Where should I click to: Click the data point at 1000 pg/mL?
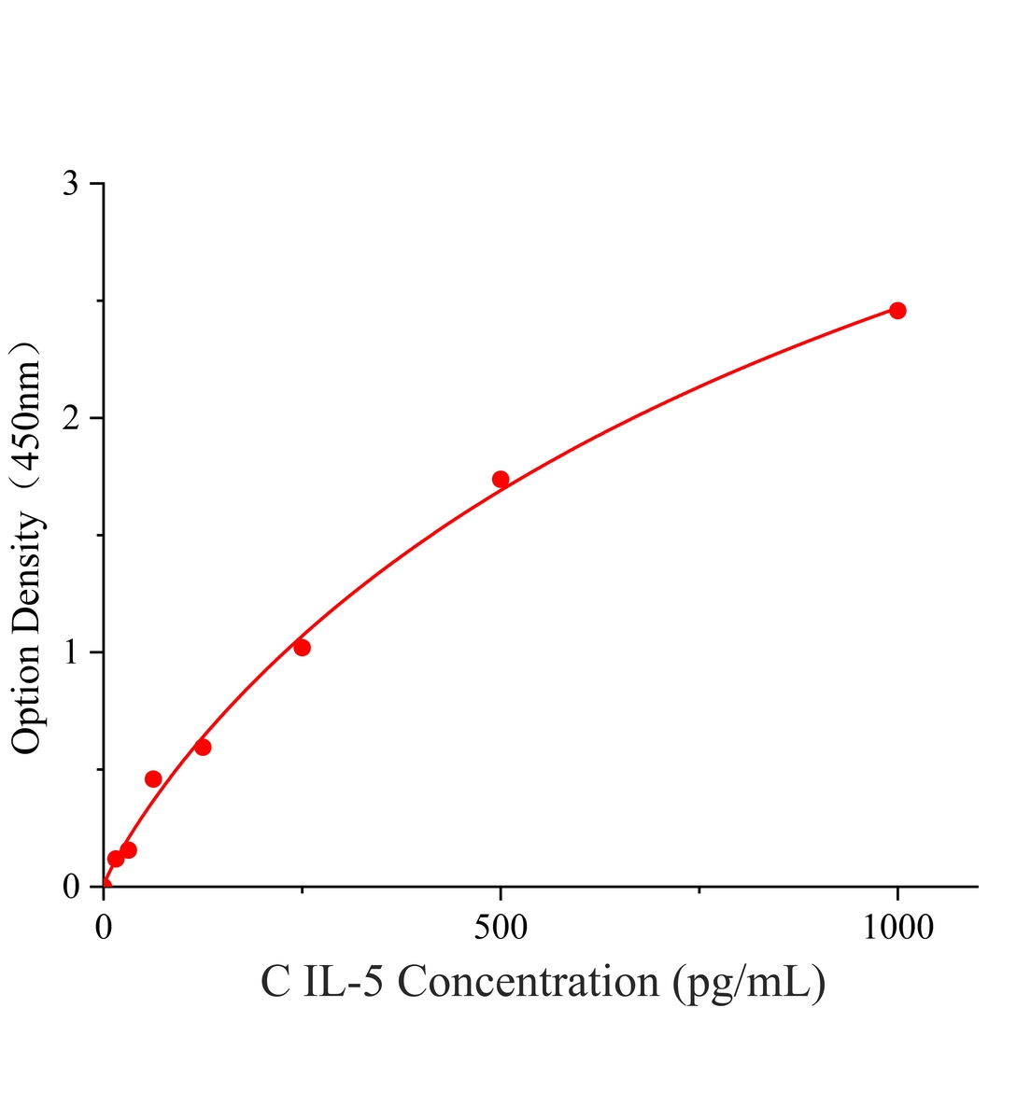[897, 311]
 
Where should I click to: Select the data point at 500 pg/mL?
[501, 479]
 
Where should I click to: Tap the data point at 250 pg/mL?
[302, 648]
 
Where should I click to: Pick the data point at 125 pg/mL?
[203, 747]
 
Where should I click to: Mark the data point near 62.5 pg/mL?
[153, 778]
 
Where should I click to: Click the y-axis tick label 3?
[71, 183]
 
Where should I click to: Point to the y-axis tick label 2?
[71, 417]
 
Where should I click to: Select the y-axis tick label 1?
[72, 651]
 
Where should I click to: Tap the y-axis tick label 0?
[71, 886]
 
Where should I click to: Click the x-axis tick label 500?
[501, 928]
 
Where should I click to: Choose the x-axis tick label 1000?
[898, 928]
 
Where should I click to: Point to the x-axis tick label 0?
[104, 928]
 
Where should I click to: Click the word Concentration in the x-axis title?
[528, 982]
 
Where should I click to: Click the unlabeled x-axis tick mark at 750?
[699, 890]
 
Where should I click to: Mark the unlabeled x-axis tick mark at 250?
[302, 890]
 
